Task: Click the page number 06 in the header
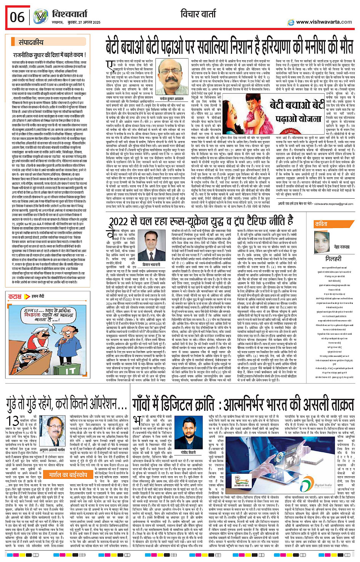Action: [17, 17]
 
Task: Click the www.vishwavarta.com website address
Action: [324, 22]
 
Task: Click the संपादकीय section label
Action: [31, 42]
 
